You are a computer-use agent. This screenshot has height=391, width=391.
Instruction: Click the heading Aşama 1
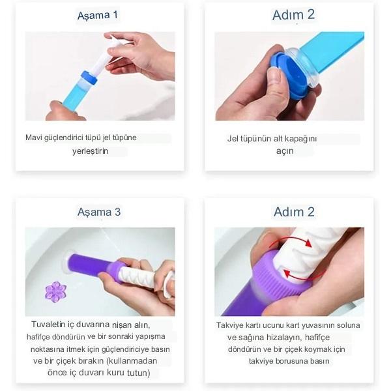(98, 16)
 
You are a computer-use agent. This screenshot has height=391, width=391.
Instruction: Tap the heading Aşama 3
(99, 212)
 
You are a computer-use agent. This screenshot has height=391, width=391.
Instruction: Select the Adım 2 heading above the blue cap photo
(293, 15)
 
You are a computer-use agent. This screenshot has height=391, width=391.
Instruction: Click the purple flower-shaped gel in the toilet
(55, 292)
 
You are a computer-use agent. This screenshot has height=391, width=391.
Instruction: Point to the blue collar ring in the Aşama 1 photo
(89, 78)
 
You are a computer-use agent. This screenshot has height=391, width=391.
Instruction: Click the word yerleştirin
(91, 151)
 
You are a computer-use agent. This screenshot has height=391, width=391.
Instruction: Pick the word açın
(285, 151)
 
